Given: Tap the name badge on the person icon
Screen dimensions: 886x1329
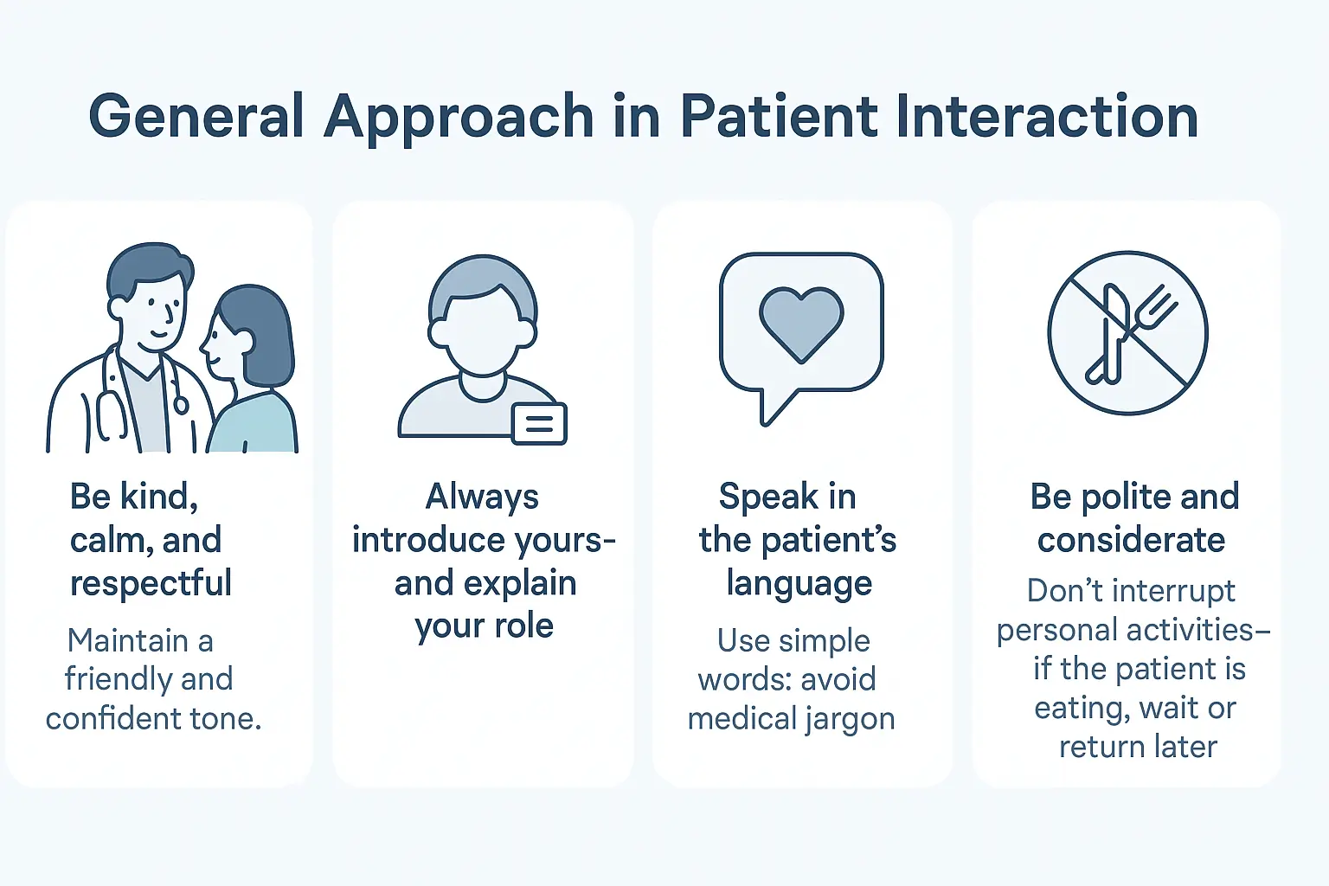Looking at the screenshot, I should pos(539,423).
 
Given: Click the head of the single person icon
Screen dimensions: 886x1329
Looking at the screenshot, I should pos(483,316).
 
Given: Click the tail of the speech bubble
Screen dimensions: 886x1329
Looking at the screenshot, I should pos(773,408).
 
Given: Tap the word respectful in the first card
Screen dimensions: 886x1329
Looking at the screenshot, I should pos(151,583).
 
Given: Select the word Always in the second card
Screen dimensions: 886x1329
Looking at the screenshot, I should pos(482,497).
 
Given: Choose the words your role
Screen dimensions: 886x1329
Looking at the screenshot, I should pos(484,626).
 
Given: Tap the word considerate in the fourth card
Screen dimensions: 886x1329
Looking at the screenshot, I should pos(1131,540).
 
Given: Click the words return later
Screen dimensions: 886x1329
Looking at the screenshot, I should pos(1138,746).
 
